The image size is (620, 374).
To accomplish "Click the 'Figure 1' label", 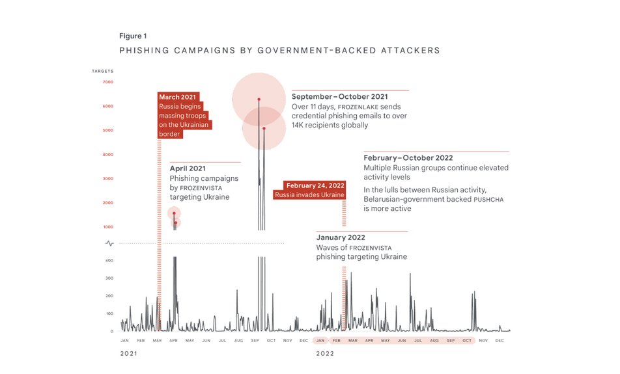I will [132, 36].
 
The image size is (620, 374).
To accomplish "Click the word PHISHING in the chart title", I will [144, 50].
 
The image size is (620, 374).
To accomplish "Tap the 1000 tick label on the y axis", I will [107, 227].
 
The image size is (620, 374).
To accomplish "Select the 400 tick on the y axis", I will [109, 261].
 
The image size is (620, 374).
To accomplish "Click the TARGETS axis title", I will [103, 70].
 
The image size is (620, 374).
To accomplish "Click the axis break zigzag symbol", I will [109, 243].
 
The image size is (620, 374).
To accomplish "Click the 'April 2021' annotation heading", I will [188, 168].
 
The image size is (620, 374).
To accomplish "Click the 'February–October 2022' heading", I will [408, 158].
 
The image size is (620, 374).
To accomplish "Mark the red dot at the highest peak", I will [259, 100].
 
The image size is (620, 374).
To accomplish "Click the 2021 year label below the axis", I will [130, 354].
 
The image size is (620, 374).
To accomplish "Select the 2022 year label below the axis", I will [325, 354].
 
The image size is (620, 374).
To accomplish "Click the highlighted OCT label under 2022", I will [467, 341].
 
